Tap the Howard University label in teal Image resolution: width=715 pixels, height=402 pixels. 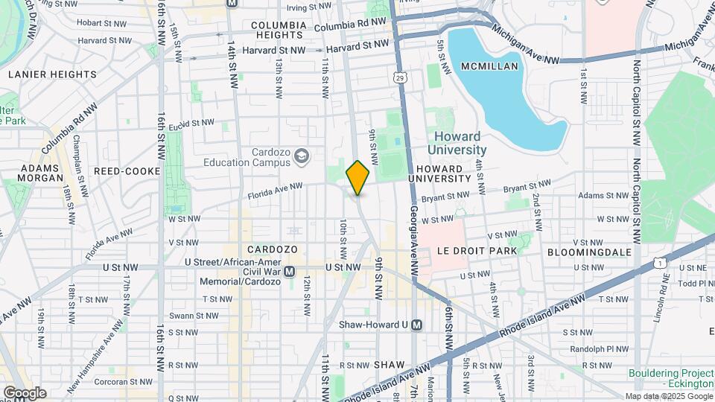point(457,143)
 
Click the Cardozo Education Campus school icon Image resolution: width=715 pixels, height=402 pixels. point(302,156)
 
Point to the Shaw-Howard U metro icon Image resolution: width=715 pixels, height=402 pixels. point(417,325)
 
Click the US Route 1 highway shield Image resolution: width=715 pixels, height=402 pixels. point(659,262)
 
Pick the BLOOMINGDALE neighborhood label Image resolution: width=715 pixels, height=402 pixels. point(589,252)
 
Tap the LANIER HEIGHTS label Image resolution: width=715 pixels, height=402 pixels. point(52,74)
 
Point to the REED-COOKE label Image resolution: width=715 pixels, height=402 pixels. point(127,171)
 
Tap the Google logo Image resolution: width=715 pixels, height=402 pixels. point(25,392)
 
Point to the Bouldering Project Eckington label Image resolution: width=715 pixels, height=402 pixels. point(670,377)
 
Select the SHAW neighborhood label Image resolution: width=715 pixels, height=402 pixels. point(389,365)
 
